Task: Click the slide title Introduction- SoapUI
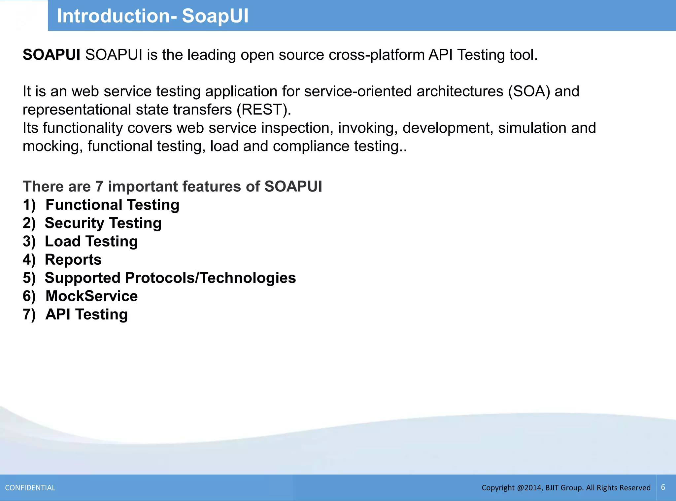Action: [x=152, y=16]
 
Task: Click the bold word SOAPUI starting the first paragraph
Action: [x=51, y=55]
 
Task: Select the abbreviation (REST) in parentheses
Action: [x=264, y=110]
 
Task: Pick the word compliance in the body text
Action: [x=311, y=146]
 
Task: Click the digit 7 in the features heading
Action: [x=99, y=186]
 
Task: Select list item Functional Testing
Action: [x=112, y=205]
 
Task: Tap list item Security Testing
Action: [x=103, y=223]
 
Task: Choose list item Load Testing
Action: [x=91, y=241]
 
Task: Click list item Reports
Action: [x=73, y=260]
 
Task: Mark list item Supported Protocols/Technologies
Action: [x=170, y=278]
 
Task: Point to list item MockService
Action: [x=91, y=296]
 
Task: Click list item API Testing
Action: [x=86, y=314]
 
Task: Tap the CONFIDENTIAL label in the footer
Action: [x=30, y=488]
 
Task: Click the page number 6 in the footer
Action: [x=663, y=487]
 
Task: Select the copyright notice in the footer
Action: [x=566, y=488]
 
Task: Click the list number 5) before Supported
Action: [x=29, y=278]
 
